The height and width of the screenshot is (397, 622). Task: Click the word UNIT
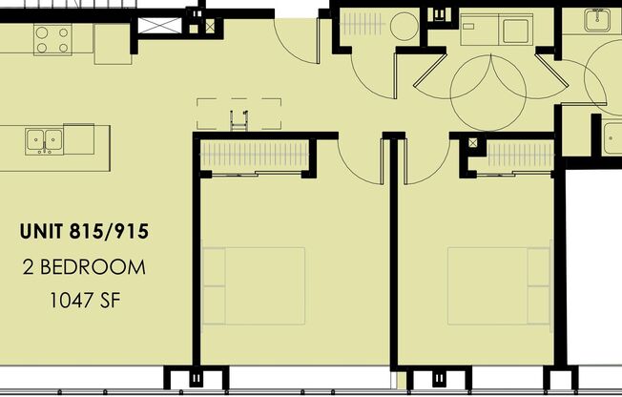point(43,230)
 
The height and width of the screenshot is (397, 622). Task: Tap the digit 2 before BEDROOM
point(28,267)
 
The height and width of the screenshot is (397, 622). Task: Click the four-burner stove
point(53,38)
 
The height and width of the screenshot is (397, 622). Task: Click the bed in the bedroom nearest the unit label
point(254,285)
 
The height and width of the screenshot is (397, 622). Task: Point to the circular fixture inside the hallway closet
point(404,25)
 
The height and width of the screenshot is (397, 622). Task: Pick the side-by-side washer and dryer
point(497,30)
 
